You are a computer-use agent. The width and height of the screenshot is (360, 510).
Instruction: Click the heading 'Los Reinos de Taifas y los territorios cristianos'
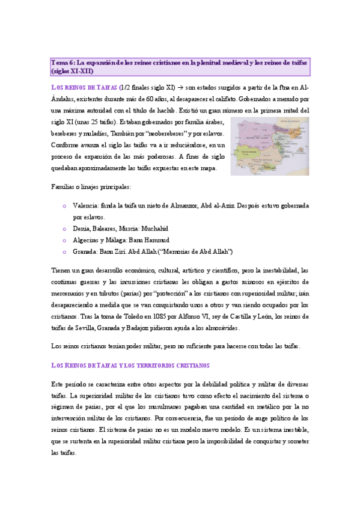coord(130,365)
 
